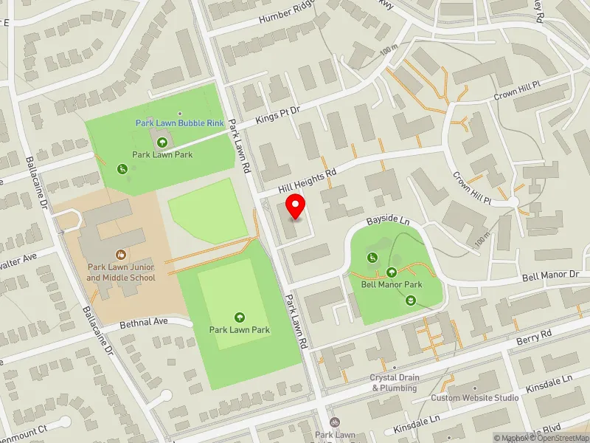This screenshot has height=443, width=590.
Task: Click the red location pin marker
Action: [296, 207]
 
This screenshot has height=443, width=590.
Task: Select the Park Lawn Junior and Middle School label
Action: [121, 272]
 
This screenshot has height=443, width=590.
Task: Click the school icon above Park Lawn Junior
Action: [121, 253]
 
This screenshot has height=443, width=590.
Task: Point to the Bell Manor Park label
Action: [391, 284]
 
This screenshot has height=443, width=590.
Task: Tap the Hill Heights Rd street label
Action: [309, 180]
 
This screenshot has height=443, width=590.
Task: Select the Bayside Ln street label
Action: [388, 221]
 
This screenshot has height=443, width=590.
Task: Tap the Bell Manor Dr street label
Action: [552, 275]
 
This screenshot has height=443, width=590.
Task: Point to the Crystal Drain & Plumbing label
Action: [395, 382]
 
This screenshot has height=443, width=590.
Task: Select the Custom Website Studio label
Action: [475, 398]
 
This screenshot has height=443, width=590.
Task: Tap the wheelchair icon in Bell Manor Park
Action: [373, 257]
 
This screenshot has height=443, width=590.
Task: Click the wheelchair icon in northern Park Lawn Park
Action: [122, 169]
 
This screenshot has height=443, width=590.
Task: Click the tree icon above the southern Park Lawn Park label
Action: [239, 317]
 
